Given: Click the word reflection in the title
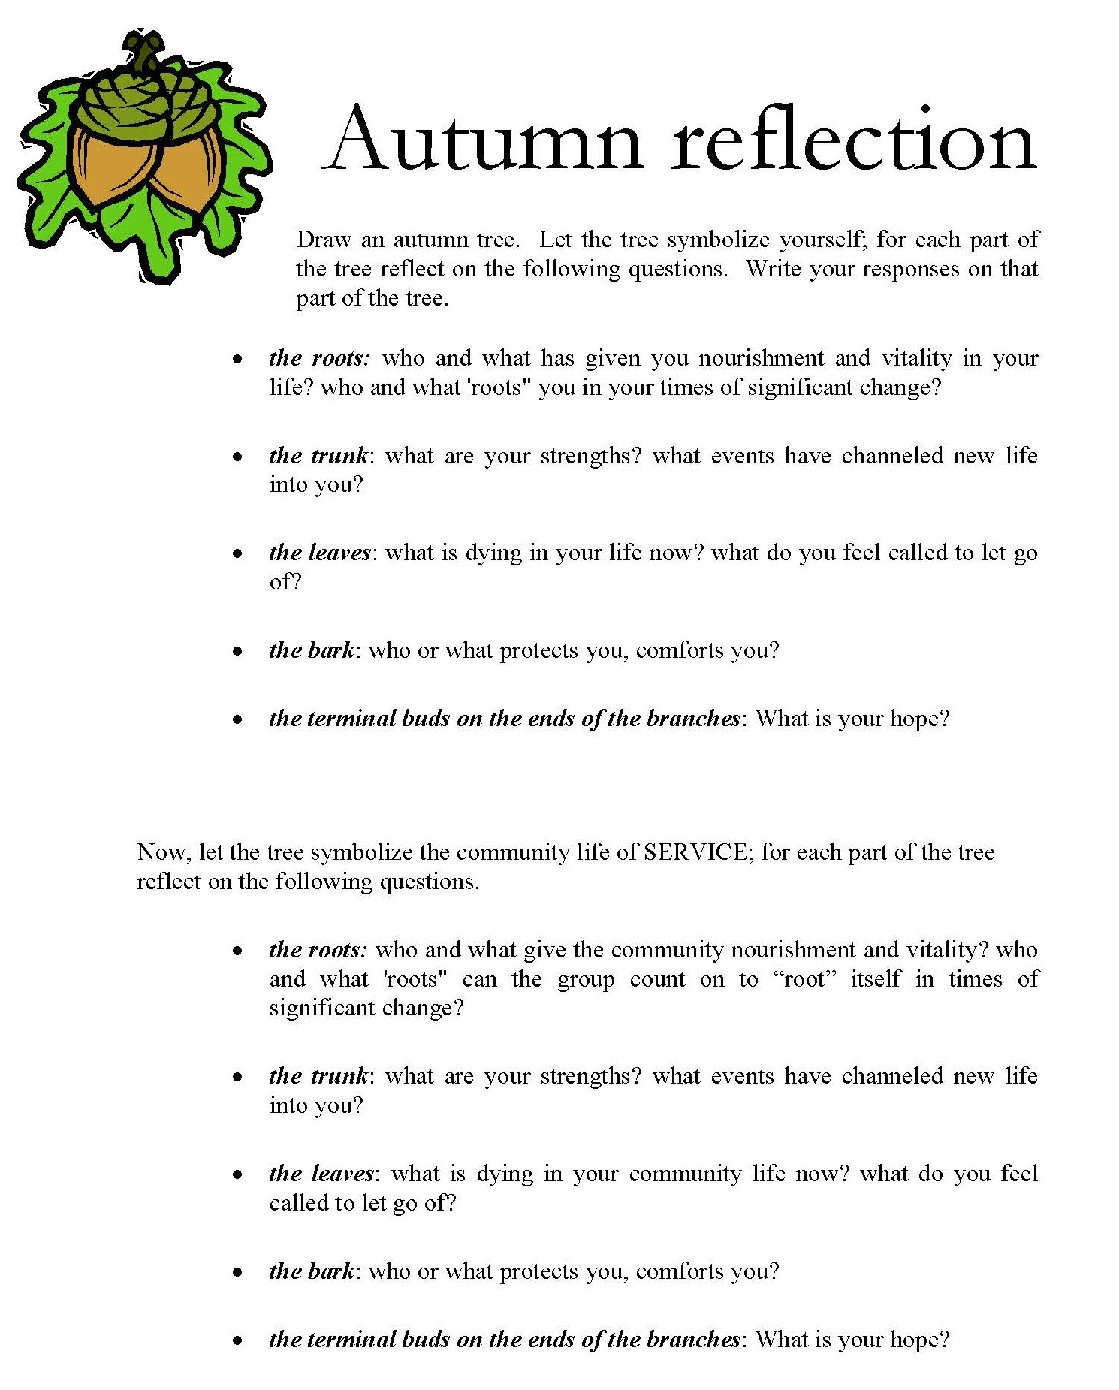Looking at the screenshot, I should [854, 140].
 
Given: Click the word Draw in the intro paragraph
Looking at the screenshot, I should [324, 240].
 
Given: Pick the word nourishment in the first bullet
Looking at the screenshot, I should [761, 358].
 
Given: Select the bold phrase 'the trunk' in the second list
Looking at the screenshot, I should [318, 1076].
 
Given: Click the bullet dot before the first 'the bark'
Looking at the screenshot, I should [237, 651].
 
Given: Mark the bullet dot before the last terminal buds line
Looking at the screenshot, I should [237, 1340].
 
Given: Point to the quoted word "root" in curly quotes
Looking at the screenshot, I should [804, 979].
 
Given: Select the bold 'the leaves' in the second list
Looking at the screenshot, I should [321, 1174].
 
